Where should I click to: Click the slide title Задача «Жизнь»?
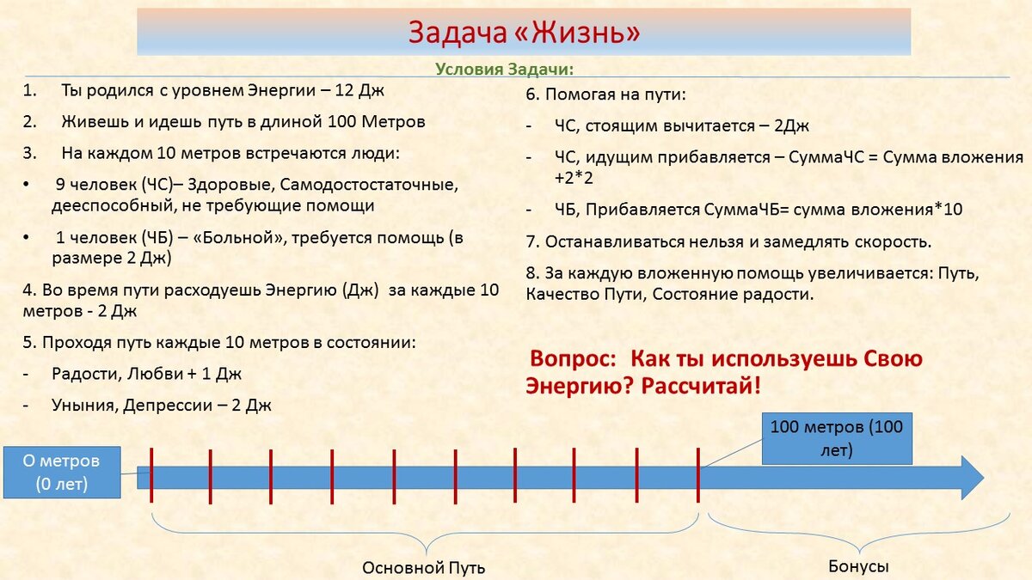(x=524, y=33)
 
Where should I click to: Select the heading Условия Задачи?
(x=504, y=69)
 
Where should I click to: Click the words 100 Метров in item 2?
(x=377, y=122)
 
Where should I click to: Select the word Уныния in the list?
(x=83, y=405)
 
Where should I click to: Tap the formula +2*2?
(x=574, y=178)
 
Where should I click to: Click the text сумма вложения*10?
(x=887, y=211)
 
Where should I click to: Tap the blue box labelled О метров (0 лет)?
(x=61, y=472)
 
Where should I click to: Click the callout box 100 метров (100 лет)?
(x=836, y=438)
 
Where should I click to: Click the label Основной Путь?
(x=423, y=568)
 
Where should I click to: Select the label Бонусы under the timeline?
(x=857, y=566)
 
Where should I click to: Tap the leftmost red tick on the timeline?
(x=151, y=474)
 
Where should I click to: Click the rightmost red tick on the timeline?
(x=697, y=474)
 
